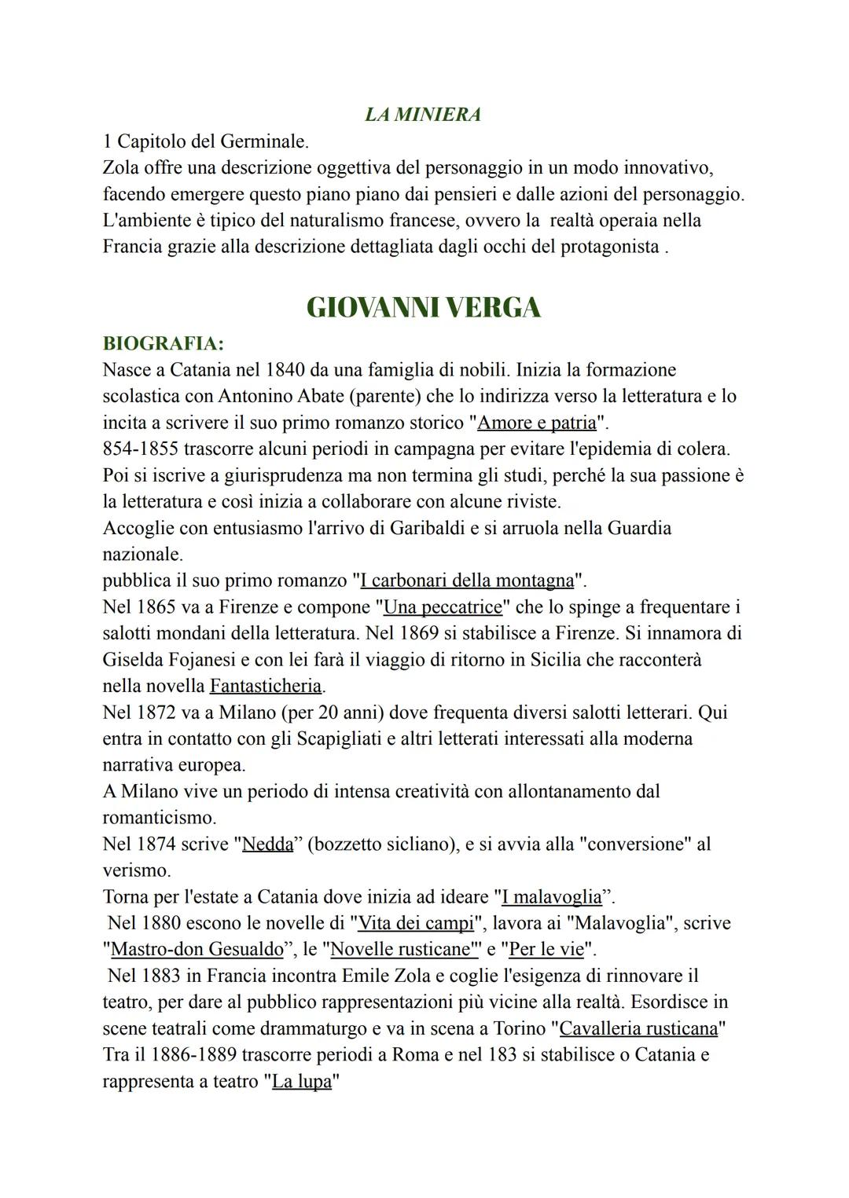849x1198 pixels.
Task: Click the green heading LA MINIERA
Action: click(x=423, y=115)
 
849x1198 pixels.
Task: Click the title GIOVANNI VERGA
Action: click(x=423, y=307)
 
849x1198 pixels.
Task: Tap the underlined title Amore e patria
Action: click(x=537, y=423)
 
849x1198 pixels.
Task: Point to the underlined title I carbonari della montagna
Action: click(x=467, y=581)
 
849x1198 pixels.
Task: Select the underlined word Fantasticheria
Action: click(x=266, y=686)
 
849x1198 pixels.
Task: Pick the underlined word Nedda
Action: click(x=267, y=844)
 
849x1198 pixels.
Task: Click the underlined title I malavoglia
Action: click(x=551, y=897)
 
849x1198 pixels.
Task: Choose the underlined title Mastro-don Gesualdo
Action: click(x=197, y=949)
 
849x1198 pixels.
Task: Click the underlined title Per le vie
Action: click(x=546, y=949)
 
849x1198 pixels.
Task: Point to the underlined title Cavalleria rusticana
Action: click(x=638, y=1028)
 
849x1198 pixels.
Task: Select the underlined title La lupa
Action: click(x=302, y=1082)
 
